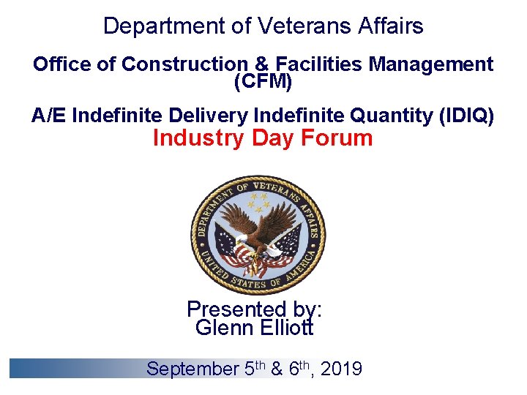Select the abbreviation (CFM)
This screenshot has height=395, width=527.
tap(263, 82)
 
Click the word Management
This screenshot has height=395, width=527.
tap(431, 64)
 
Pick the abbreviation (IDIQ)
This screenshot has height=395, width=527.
tap(466, 116)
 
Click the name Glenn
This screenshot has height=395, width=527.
tap(224, 328)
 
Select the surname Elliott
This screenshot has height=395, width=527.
tap(286, 328)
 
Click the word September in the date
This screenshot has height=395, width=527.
tap(193, 369)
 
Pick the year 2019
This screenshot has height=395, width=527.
tap(341, 369)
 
